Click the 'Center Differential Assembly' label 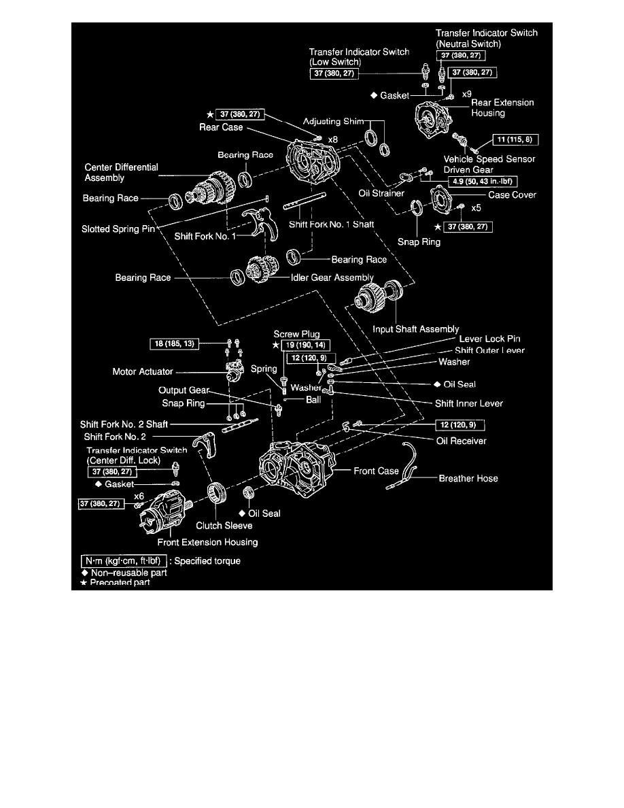[121, 172]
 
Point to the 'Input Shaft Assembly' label [416, 329]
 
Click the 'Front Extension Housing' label [207, 542]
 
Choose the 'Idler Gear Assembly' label [332, 277]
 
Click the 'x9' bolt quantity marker [467, 92]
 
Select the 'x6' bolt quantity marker [139, 496]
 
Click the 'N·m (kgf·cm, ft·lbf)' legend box [120, 561]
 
